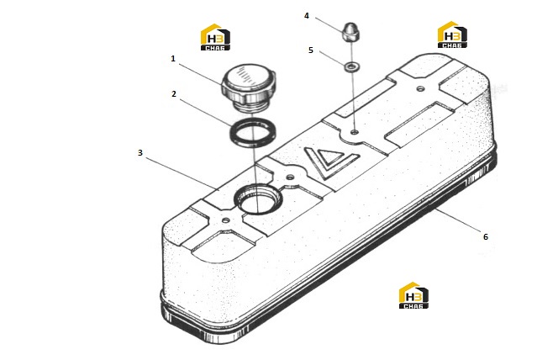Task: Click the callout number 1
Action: pyautogui.click(x=173, y=59)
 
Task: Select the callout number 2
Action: pyautogui.click(x=174, y=93)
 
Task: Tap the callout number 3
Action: pyautogui.click(x=140, y=152)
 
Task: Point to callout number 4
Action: pyautogui.click(x=307, y=16)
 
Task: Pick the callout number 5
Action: pyautogui.click(x=311, y=50)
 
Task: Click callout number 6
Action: pyautogui.click(x=485, y=236)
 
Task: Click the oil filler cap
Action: pyautogui.click(x=249, y=87)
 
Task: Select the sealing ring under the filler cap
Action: pyautogui.click(x=253, y=132)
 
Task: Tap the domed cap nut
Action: pyautogui.click(x=350, y=33)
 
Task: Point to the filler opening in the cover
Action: pyautogui.click(x=258, y=199)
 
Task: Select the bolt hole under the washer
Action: pyautogui.click(x=355, y=132)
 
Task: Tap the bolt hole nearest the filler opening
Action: pyautogui.click(x=290, y=177)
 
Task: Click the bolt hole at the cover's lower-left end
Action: pyautogui.click(x=225, y=220)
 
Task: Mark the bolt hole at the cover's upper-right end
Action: pyautogui.click(x=420, y=89)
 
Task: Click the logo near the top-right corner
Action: pyautogui.click(x=452, y=34)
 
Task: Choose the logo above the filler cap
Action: pyautogui.click(x=215, y=37)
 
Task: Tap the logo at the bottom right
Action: pyautogui.click(x=413, y=295)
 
